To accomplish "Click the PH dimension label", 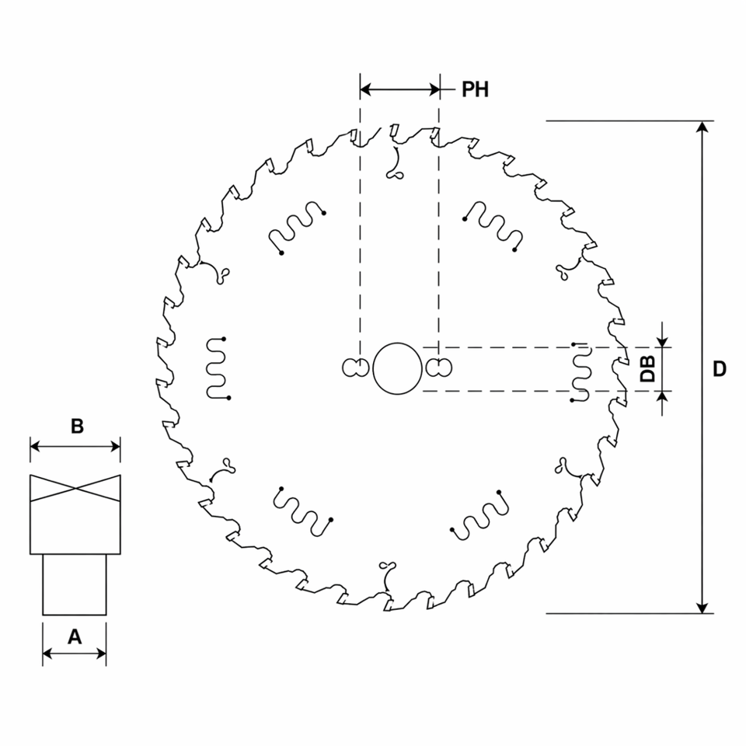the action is click(475, 89).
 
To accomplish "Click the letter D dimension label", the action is click(720, 368).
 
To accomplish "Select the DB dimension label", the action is click(647, 368).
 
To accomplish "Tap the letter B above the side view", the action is click(77, 426).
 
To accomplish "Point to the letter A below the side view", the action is click(75, 636).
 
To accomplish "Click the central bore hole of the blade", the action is click(397, 368).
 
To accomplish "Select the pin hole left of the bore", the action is click(356, 368).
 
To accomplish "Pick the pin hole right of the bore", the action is click(438, 368).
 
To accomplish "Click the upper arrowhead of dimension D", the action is click(702, 126).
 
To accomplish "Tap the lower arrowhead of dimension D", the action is click(702, 608).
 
